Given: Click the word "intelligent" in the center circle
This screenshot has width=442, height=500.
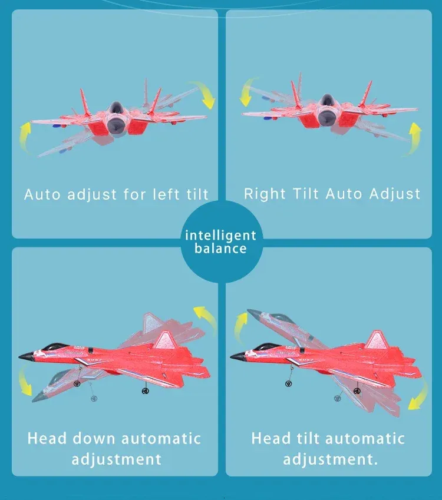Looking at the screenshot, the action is coord(220,236).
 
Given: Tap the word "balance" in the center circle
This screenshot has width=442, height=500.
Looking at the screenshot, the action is coord(220,249).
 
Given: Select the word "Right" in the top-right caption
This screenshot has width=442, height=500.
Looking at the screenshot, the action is coord(265,194).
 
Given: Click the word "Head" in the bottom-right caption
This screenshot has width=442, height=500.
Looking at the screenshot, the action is coord(271,438).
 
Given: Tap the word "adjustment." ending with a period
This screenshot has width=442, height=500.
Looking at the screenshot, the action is coord(330,459).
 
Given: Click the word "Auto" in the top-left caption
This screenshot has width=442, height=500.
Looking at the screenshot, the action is coord(42,194).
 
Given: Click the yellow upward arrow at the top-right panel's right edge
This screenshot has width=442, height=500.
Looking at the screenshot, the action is coord(415,139).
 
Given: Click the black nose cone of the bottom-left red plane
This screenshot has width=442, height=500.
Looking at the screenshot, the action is coord(26,356).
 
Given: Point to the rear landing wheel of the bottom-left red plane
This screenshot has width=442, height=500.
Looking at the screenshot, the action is coord(145,390).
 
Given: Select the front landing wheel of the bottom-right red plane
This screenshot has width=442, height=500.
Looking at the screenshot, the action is coord(289,383).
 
